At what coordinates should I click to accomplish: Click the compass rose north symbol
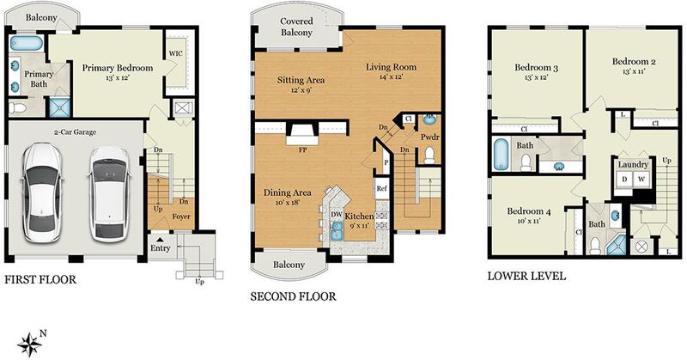pos(30,344)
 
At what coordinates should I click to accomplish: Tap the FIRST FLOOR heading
pos(40,280)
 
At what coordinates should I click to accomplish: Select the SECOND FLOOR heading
pos(293,297)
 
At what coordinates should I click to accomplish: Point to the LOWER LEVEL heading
pos(526,277)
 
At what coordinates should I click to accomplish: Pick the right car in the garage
pos(110,194)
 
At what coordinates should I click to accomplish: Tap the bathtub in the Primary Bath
pos(27,43)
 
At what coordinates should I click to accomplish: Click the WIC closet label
pos(176,53)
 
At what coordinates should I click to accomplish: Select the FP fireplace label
pos(302,150)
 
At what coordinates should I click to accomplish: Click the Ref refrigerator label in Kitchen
pos(381,188)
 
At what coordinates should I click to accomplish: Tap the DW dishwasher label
pos(336,215)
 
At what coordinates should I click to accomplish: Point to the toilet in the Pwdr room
pos(429,156)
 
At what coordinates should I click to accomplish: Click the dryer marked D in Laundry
pos(624,179)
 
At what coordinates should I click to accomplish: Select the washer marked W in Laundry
pos(641,179)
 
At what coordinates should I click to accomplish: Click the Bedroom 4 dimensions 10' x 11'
pos(528,221)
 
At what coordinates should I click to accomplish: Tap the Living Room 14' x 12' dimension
pos(391,76)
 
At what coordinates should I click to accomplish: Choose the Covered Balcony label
pos(296,27)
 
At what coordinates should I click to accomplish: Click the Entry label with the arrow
pos(160,245)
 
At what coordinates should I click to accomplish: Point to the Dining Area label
pos(288,193)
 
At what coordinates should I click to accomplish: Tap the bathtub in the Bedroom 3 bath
pos(501,154)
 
